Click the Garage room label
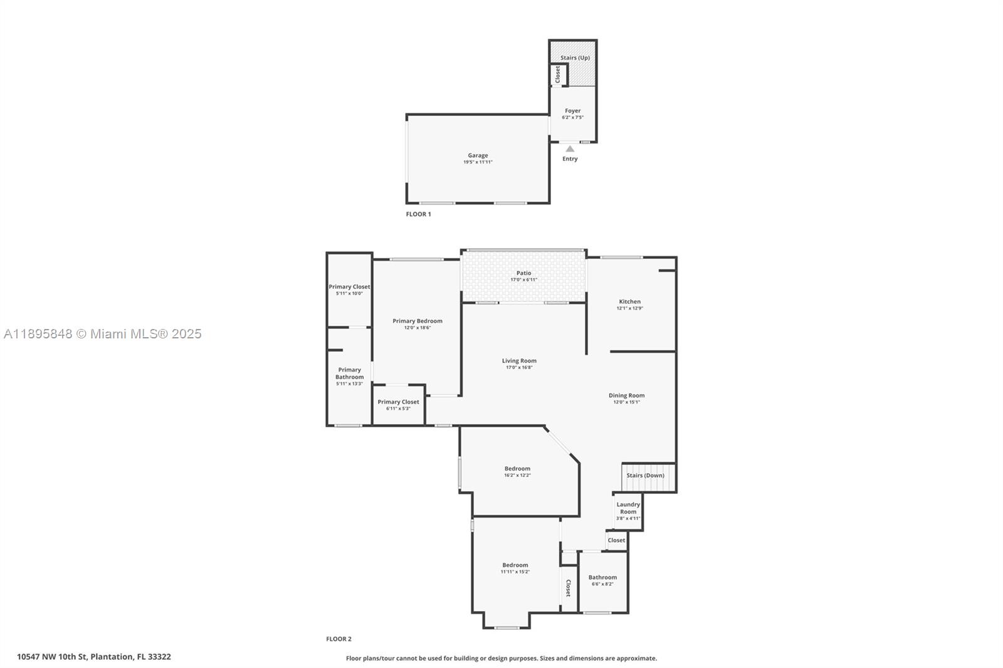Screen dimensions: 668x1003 pyautogui.click(x=478, y=155)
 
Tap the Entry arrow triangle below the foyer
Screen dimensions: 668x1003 pyautogui.click(x=570, y=149)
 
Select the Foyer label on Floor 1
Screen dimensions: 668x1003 pyautogui.click(x=572, y=111)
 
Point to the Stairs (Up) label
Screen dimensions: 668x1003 pyautogui.click(x=575, y=58)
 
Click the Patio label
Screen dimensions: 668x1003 pyautogui.click(x=523, y=273)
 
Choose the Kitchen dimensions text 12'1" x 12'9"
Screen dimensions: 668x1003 pyautogui.click(x=629, y=308)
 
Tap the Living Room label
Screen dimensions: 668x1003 pyautogui.click(x=519, y=361)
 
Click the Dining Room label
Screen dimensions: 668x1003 pyautogui.click(x=626, y=395)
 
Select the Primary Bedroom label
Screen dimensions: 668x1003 pyautogui.click(x=417, y=321)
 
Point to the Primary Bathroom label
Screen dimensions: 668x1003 pyautogui.click(x=349, y=373)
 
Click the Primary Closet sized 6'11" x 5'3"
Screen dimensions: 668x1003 pyautogui.click(x=398, y=402)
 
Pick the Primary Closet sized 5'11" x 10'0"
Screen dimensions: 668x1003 pyautogui.click(x=349, y=287)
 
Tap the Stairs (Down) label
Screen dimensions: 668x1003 pyautogui.click(x=645, y=476)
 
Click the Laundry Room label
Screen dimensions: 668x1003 pyautogui.click(x=628, y=508)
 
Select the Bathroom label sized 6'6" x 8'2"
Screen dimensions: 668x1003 pyautogui.click(x=602, y=578)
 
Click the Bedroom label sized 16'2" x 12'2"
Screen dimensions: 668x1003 pyautogui.click(x=517, y=469)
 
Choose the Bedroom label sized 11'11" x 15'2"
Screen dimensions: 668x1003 pyautogui.click(x=515, y=565)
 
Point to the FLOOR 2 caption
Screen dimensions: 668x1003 pyautogui.click(x=339, y=639)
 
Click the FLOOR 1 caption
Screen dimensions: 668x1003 pyautogui.click(x=418, y=214)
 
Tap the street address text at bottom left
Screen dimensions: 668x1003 pyautogui.click(x=93, y=657)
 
